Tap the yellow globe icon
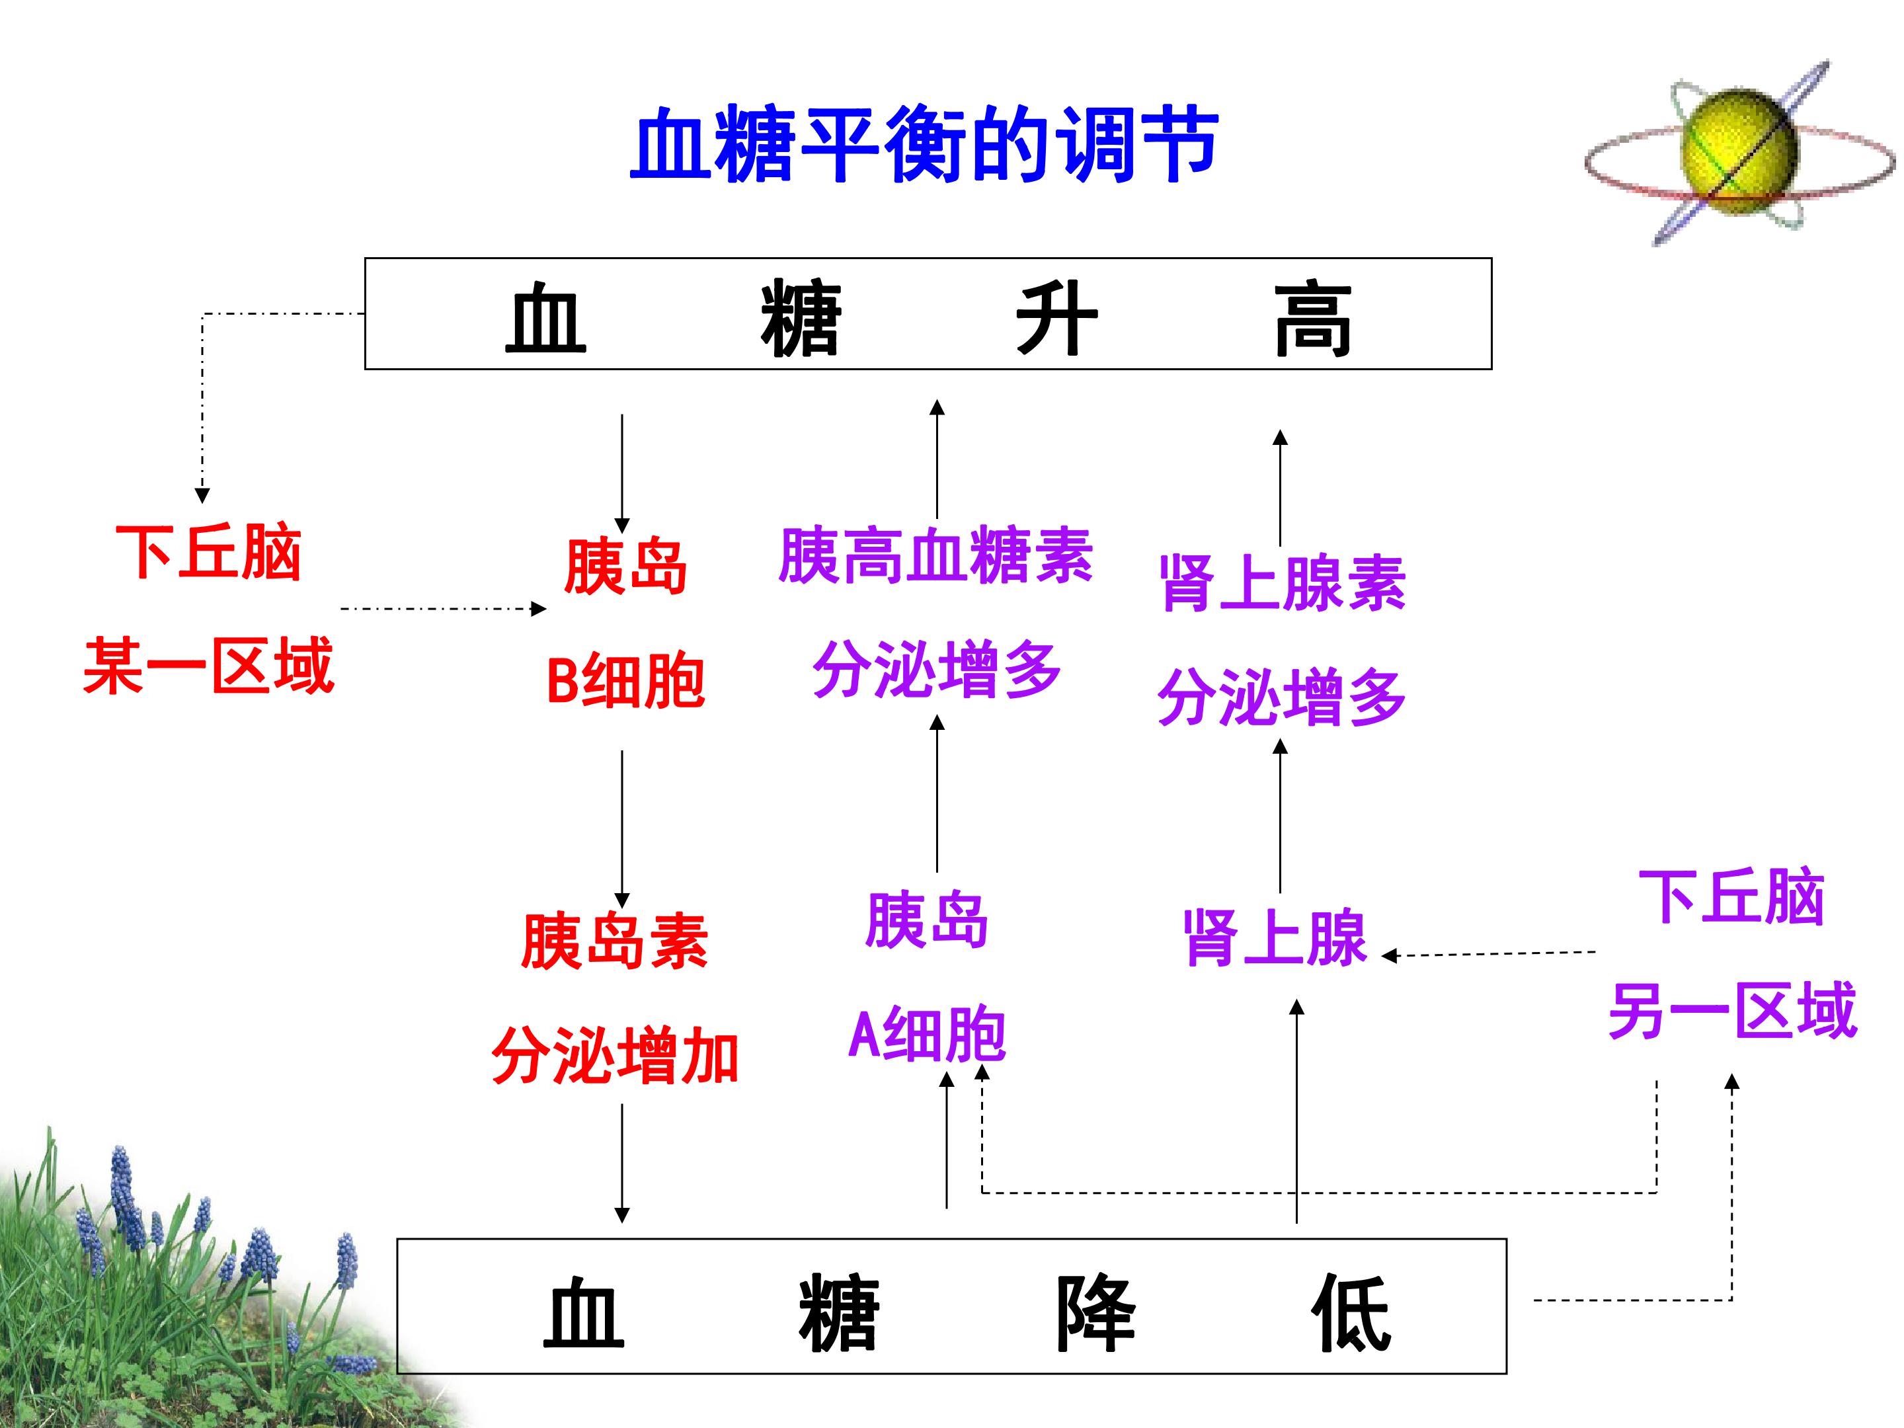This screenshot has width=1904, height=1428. (1739, 153)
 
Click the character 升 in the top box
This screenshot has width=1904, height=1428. (1057, 319)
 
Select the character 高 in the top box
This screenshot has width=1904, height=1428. (1313, 319)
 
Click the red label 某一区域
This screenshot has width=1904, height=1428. (208, 665)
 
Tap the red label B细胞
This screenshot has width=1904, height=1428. (626, 681)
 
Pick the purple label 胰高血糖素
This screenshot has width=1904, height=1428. (935, 555)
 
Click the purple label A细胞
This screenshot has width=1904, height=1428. (927, 1034)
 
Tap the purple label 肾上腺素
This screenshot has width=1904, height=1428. (1283, 582)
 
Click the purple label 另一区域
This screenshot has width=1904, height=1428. (1733, 1011)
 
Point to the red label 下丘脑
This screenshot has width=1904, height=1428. (208, 552)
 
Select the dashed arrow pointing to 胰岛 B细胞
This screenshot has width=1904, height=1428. (444, 609)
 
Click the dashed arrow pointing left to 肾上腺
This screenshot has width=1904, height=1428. (1488, 954)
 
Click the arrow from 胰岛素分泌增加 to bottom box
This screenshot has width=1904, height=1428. (621, 1163)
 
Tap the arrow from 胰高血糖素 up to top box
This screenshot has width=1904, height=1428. (937, 458)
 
